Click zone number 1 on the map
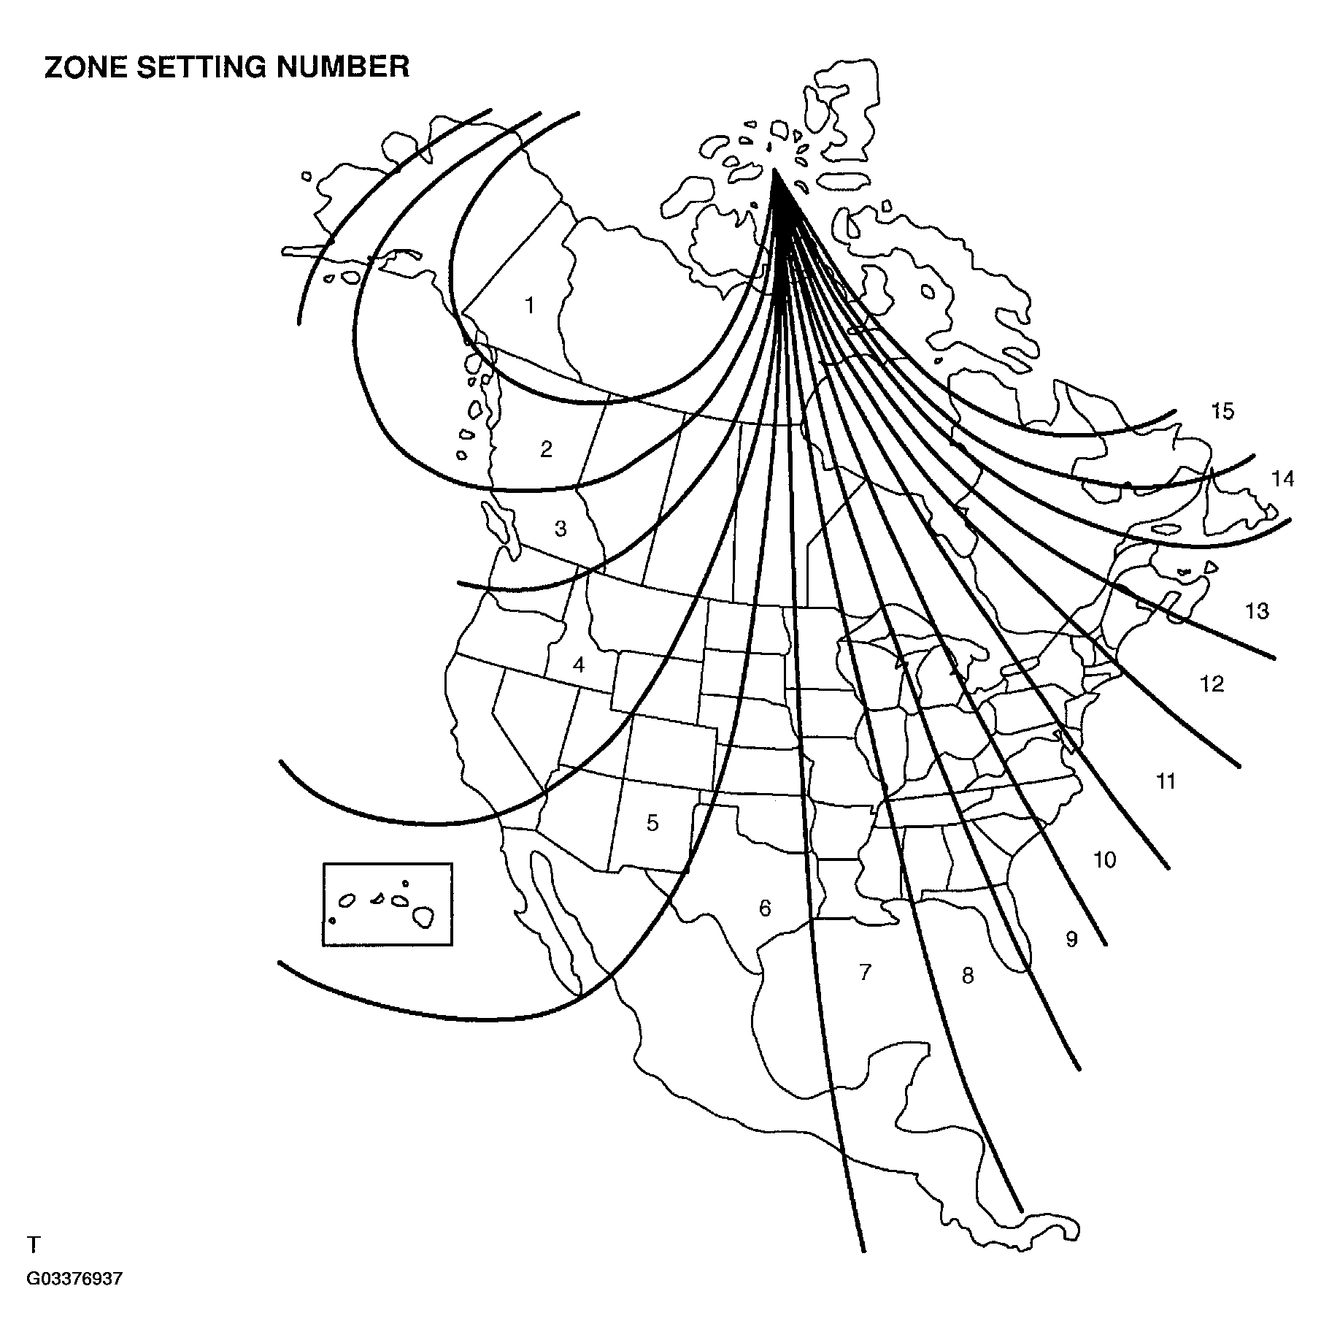(530, 305)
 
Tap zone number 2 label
(546, 449)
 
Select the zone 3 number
(561, 528)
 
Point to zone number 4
(579, 665)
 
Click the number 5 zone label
(652, 823)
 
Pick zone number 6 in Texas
(765, 908)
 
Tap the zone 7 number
(865, 972)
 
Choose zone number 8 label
(968, 976)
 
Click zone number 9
(1071, 939)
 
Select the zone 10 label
(1104, 860)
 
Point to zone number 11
(1166, 781)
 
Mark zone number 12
(1212, 684)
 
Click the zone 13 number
(1257, 610)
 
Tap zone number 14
(1282, 478)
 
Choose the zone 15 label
(1222, 412)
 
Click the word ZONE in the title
(85, 67)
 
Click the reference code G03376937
(74, 1300)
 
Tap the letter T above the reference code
(33, 1264)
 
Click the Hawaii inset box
(388, 904)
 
